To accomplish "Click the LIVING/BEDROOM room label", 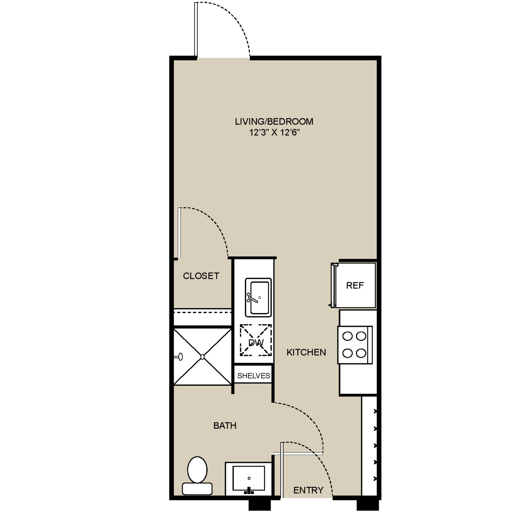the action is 274,122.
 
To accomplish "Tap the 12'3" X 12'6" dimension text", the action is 274,133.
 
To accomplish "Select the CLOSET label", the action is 201,276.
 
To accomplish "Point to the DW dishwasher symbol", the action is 256,340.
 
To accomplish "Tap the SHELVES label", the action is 253,376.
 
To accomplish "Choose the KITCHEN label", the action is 306,352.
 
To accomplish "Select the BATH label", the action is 225,426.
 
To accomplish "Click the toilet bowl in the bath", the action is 197,470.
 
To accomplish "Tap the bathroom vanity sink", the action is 248,479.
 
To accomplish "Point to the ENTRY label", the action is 308,490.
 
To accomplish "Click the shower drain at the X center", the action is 202,357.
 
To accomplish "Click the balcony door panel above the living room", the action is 196,30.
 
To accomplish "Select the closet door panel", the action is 179,233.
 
